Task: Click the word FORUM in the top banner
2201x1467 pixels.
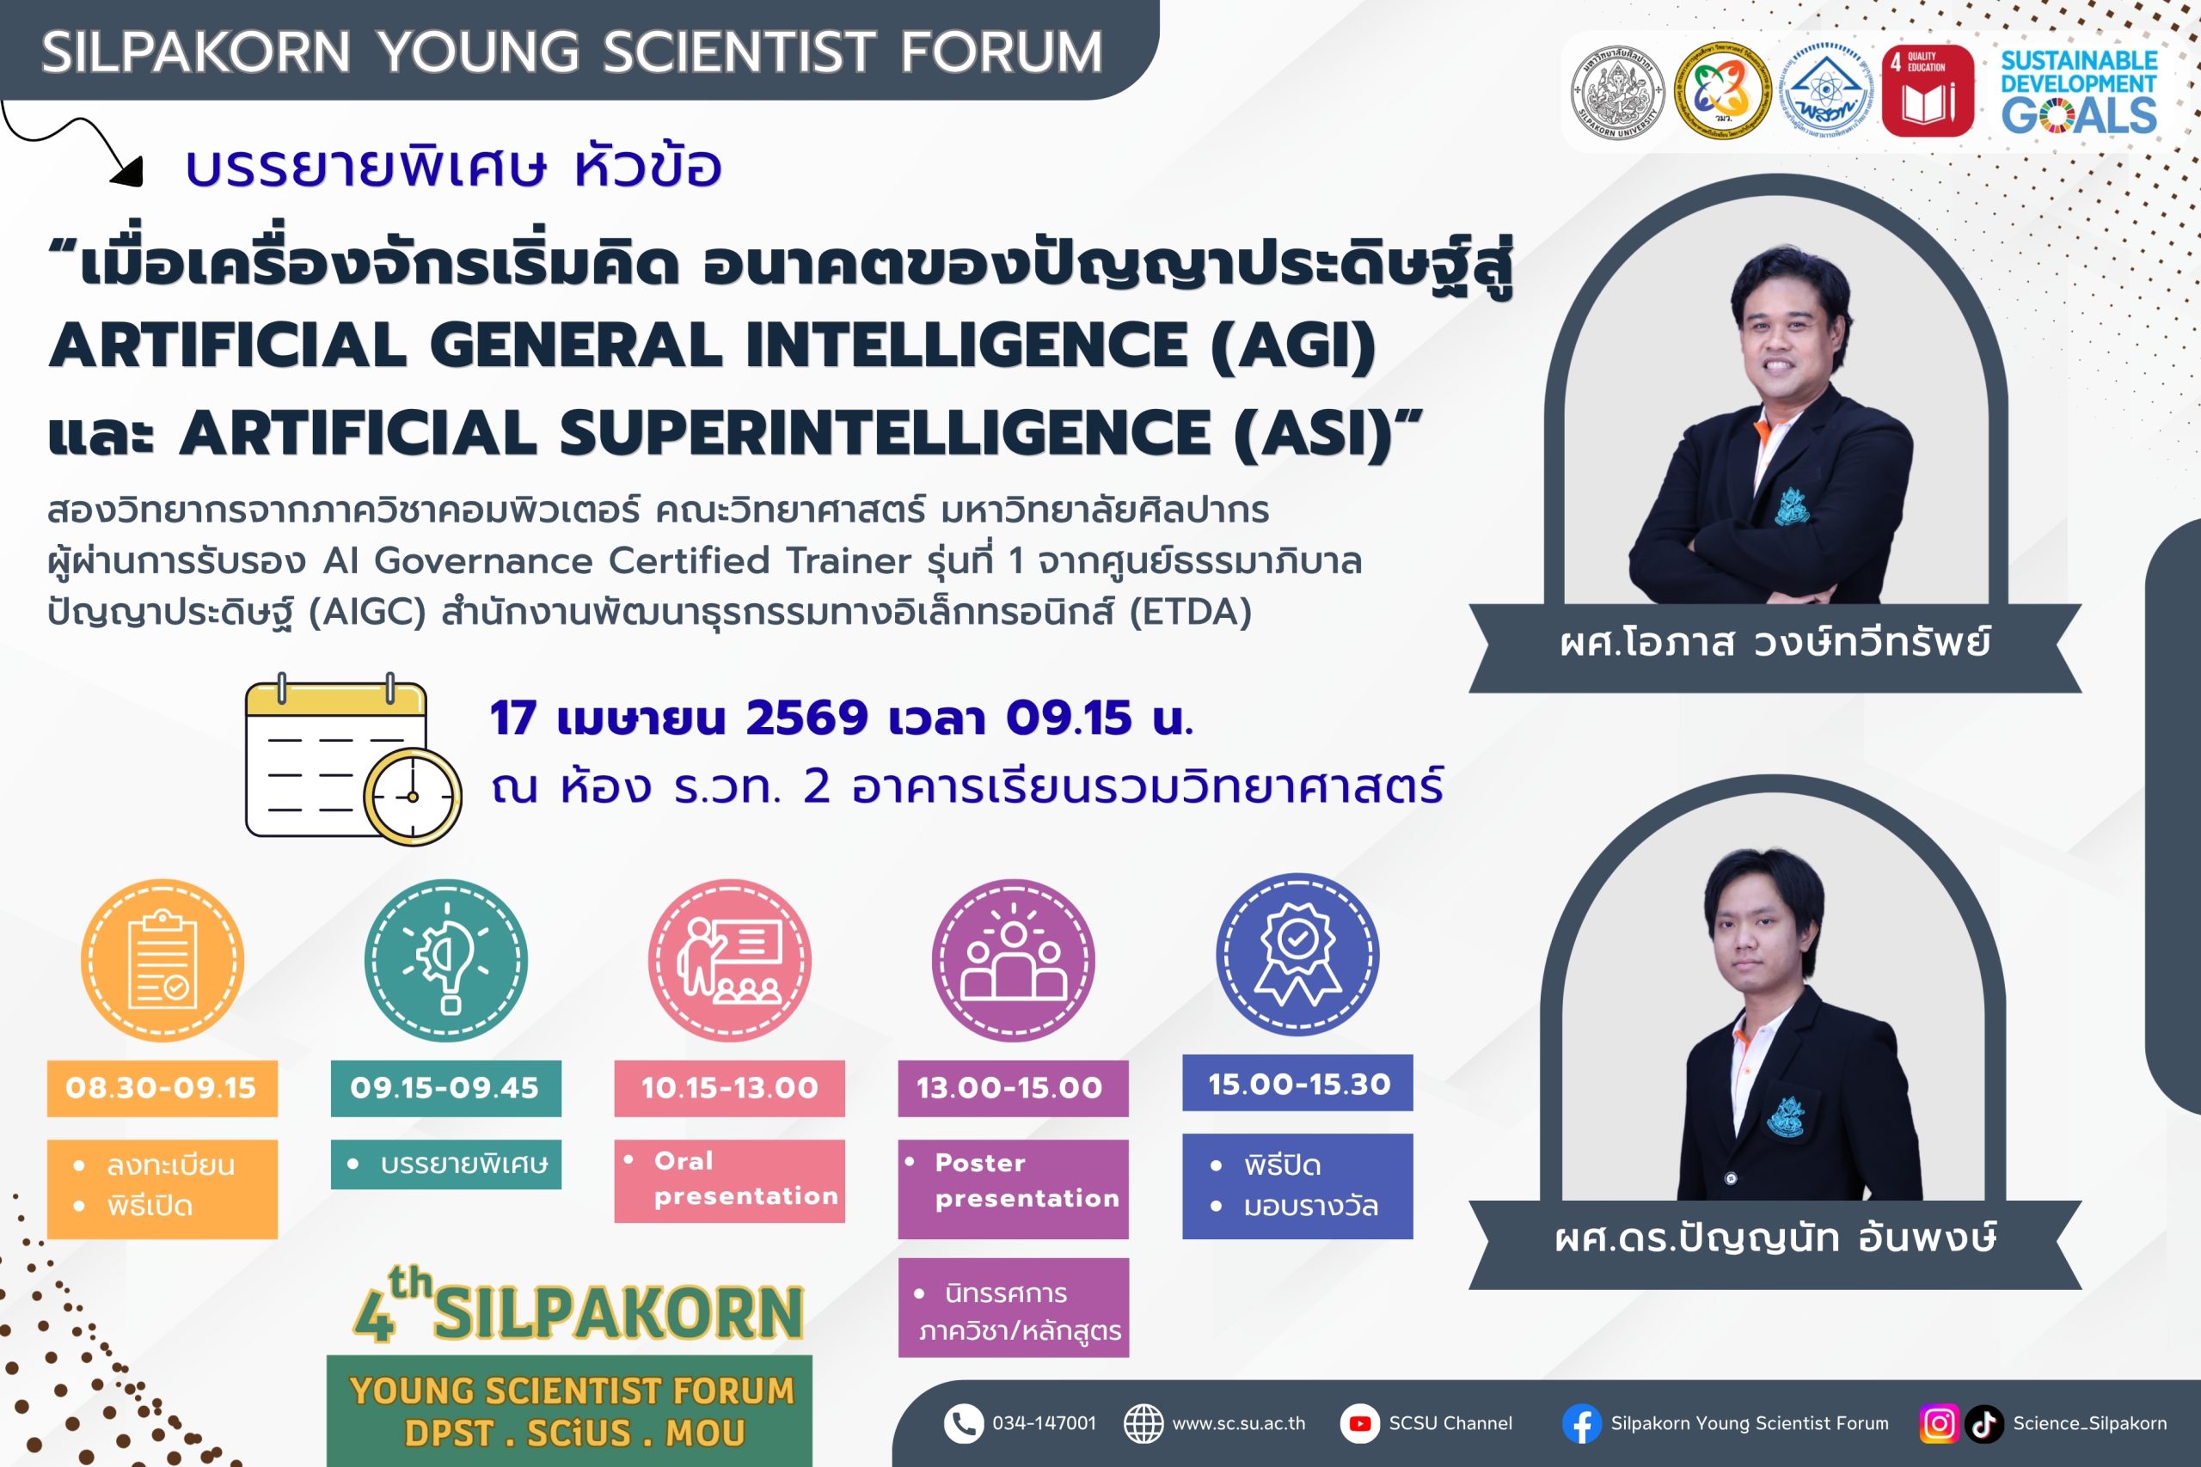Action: coord(1001,52)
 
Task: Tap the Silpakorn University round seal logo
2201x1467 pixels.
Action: coord(1616,92)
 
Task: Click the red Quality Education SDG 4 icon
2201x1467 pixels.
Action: coord(1928,91)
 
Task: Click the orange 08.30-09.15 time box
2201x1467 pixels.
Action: coord(162,1088)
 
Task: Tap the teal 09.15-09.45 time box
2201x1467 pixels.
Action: coord(445,1088)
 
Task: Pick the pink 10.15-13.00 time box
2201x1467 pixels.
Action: coord(729,1088)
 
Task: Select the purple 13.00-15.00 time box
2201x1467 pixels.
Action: coord(1013,1088)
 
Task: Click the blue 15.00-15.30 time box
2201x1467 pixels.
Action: coord(1297,1084)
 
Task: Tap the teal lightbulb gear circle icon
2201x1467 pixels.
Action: coord(445,960)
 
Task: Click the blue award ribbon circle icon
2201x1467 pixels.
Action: coord(1297,954)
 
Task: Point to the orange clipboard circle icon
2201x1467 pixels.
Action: coord(162,960)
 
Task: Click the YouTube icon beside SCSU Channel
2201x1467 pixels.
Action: coord(1359,1423)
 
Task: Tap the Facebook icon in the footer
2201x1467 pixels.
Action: coord(1581,1424)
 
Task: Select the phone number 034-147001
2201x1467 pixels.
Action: coord(1044,1423)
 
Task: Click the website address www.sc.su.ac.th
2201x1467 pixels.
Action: coord(1238,1423)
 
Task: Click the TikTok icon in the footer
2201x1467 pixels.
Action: coord(1983,1424)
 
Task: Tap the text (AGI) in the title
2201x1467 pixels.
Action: coord(1292,345)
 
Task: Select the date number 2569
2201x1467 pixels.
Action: coord(806,718)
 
